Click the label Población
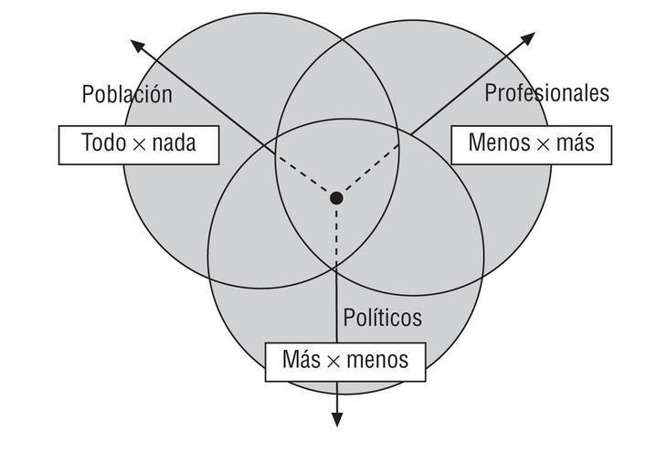coord(127,94)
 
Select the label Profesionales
coord(546,92)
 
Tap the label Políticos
coord(382,317)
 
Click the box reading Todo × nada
coord(139,144)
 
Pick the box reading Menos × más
coord(531,142)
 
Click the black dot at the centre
coord(336,197)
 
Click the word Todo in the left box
coord(102,143)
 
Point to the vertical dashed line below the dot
coord(336,234)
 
